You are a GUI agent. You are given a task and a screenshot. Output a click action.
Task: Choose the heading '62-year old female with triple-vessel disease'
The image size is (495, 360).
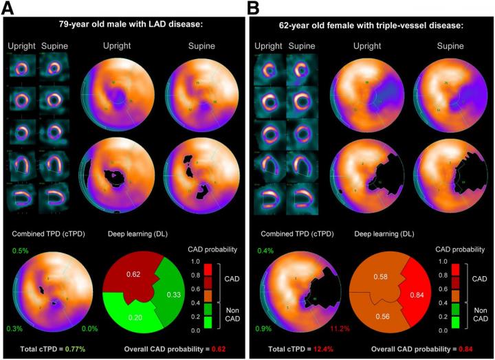371,25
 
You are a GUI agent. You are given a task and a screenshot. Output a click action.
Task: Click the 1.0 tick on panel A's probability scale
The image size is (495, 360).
195,262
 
